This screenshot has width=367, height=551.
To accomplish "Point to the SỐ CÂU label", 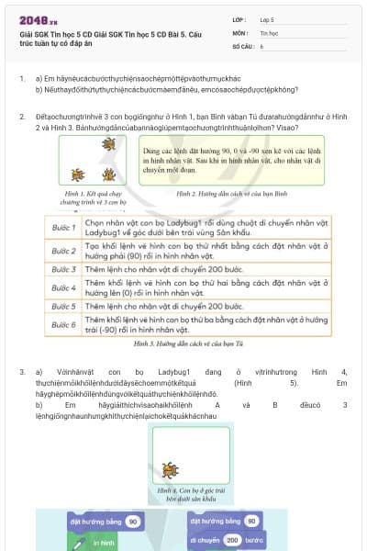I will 242,45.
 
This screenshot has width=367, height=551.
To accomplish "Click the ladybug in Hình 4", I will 172,470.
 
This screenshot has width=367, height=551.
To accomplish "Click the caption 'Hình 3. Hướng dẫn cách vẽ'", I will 183,343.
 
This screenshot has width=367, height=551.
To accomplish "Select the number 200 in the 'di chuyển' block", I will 232,540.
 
